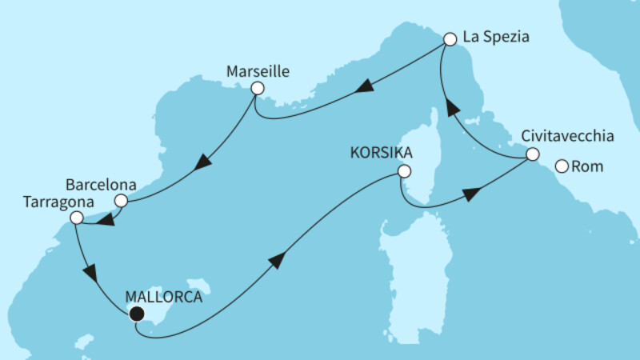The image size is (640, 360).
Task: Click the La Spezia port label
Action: (497, 37)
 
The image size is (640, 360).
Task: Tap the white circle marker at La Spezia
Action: (450, 38)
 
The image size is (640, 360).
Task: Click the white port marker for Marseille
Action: (258, 89)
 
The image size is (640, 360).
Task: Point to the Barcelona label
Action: (102, 183)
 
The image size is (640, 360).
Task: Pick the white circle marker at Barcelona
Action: (121, 201)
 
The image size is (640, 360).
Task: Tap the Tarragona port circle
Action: (76, 218)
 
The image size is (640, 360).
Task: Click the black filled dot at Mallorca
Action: (137, 314)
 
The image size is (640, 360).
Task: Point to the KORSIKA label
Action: (374, 152)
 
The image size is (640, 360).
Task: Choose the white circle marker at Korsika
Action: (404, 170)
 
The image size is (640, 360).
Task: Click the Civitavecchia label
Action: (568, 135)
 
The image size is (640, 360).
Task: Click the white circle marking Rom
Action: (562, 166)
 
